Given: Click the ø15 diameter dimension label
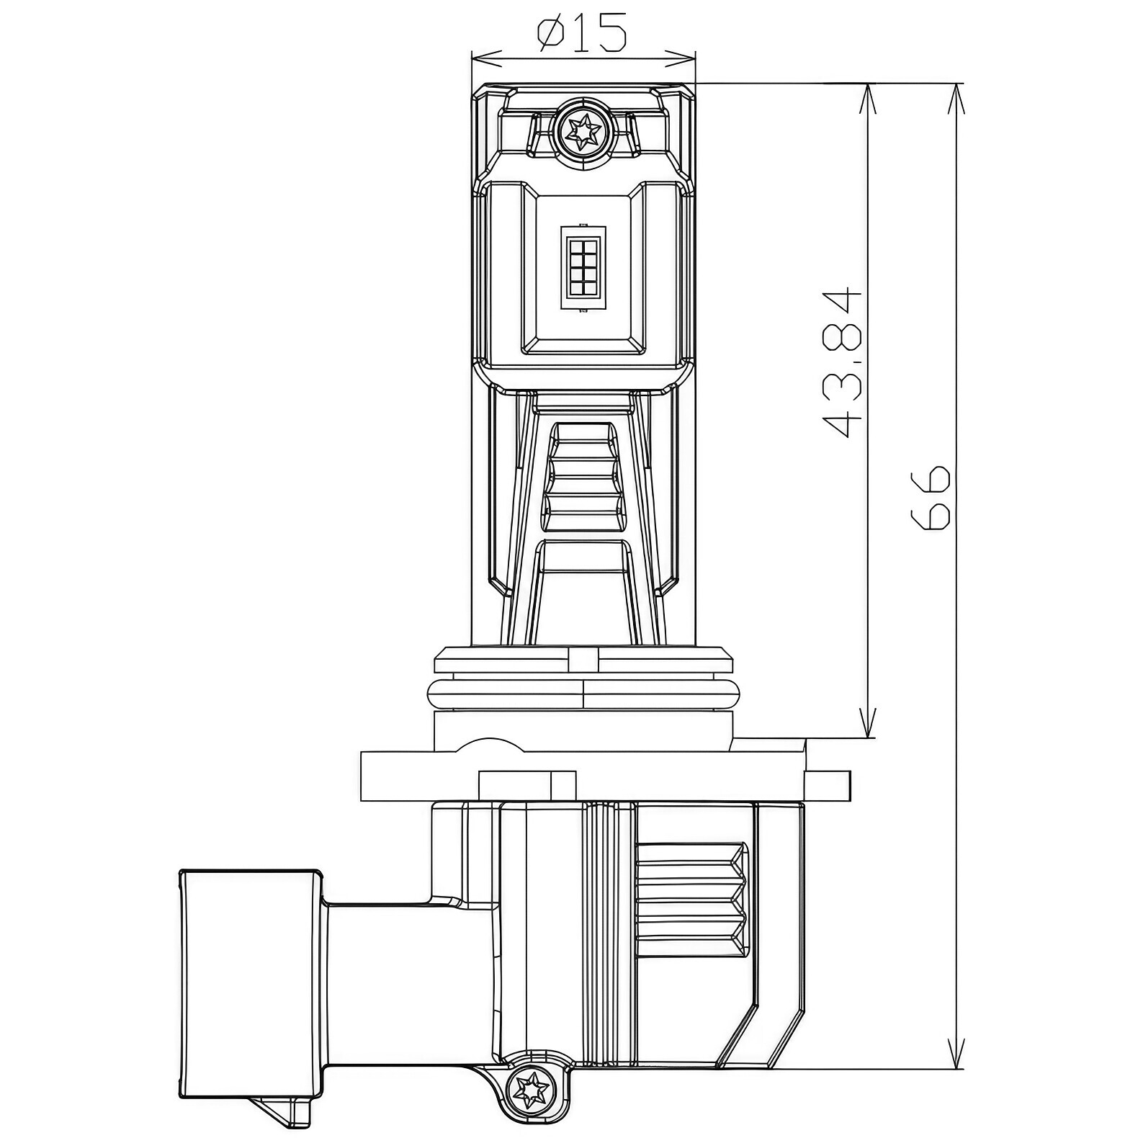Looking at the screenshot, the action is click(582, 34).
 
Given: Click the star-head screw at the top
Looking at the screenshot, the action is click(583, 132).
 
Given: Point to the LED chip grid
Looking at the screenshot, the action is click(583, 267).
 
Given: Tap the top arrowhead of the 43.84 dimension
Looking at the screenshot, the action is click(869, 99).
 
